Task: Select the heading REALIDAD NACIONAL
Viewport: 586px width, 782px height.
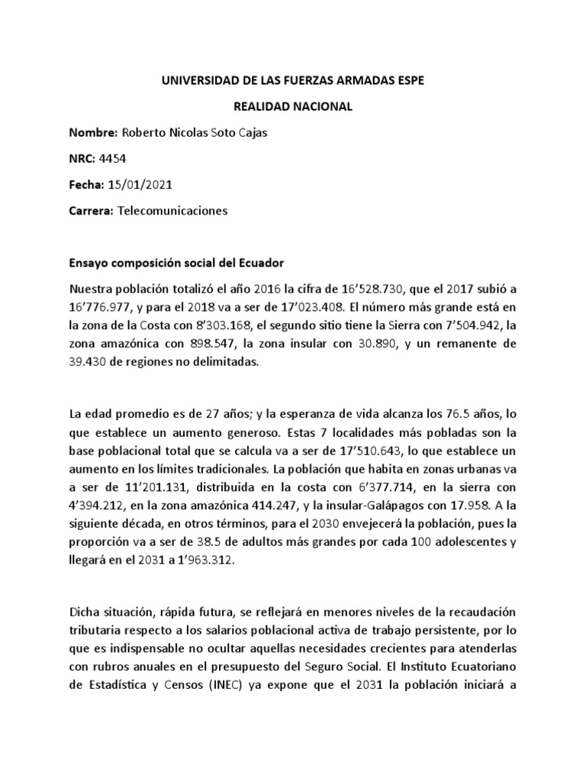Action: (292, 108)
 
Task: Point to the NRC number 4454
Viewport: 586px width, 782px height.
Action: (111, 160)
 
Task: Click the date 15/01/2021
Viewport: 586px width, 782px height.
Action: (141, 186)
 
